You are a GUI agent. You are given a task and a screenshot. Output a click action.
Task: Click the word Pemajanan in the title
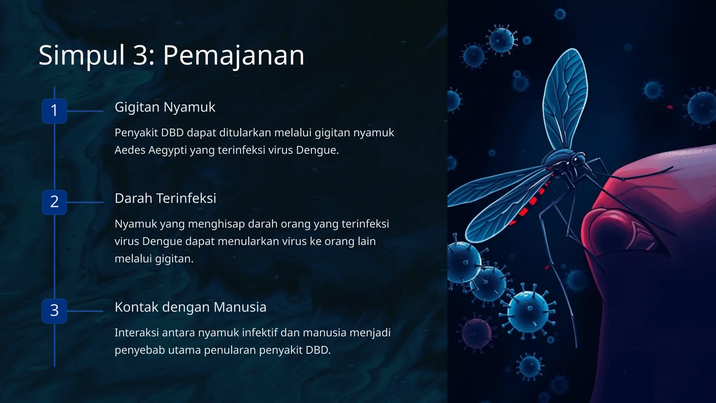pos(234,55)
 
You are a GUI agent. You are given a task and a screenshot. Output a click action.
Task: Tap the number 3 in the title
pos(141,55)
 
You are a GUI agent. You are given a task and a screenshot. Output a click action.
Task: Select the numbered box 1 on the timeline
pos(55,111)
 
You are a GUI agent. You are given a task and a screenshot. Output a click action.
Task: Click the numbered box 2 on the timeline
pos(55,202)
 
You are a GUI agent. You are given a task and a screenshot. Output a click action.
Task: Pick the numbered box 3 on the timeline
pos(55,311)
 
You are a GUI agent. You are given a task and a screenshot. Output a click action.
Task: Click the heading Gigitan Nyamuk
pos(165,107)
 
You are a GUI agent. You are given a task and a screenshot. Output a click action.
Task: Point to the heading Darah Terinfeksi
pos(165,198)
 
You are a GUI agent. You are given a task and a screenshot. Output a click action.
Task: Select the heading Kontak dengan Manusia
pos(190,307)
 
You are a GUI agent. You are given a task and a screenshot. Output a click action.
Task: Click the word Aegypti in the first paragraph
pos(167,150)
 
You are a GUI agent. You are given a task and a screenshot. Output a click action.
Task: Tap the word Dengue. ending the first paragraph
pos(317,150)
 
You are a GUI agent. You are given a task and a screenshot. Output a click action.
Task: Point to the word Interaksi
pos(137,332)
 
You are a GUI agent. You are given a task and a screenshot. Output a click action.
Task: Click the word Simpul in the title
pos(81,55)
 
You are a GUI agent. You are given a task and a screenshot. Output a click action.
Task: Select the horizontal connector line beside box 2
pos(85,202)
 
